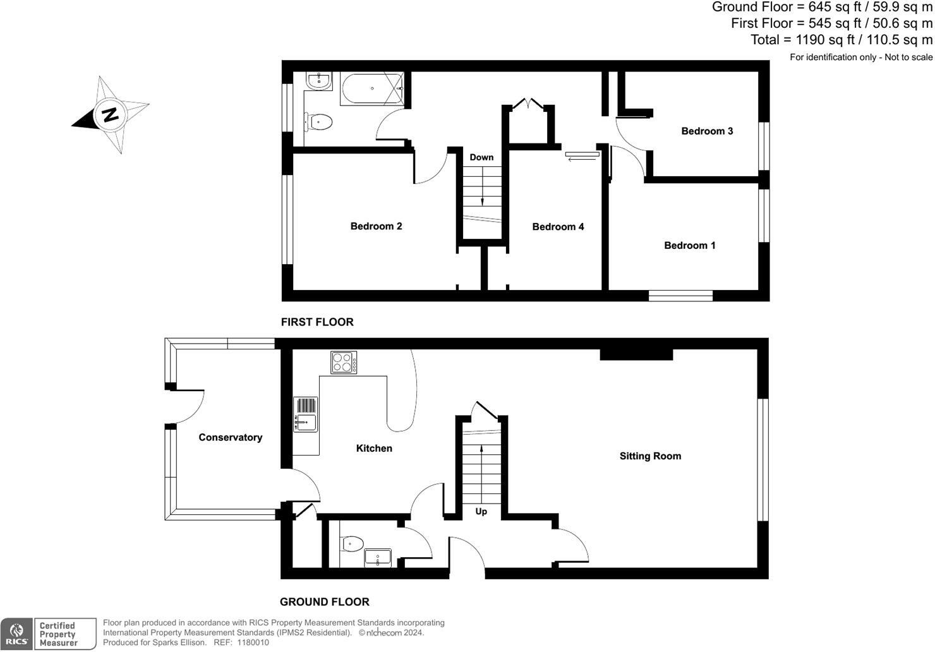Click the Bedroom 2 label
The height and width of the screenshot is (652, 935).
pos(376,226)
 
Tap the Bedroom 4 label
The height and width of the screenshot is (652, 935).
pos(558,227)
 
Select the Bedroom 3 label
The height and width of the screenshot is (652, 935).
pos(707,131)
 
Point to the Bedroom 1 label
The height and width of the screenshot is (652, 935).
pos(689,245)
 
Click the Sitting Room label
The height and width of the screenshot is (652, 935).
pos(650,456)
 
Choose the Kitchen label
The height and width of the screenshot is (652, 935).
pos(374,449)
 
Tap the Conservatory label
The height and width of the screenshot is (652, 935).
pos(230,437)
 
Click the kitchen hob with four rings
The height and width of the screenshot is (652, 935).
pos(344,363)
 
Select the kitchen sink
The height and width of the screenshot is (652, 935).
pos(306,414)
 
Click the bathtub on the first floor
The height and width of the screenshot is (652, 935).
pos(371,89)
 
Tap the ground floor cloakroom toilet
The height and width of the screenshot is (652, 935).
pos(352,543)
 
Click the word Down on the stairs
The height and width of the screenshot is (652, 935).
pos(481,157)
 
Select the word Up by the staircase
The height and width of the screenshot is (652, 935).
pos(481,511)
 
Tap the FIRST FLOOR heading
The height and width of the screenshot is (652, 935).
pos(317,322)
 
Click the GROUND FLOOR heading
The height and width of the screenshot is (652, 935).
pos(325,602)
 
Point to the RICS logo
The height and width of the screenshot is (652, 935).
pos(17,634)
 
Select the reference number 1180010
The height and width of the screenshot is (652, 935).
pos(253,643)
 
